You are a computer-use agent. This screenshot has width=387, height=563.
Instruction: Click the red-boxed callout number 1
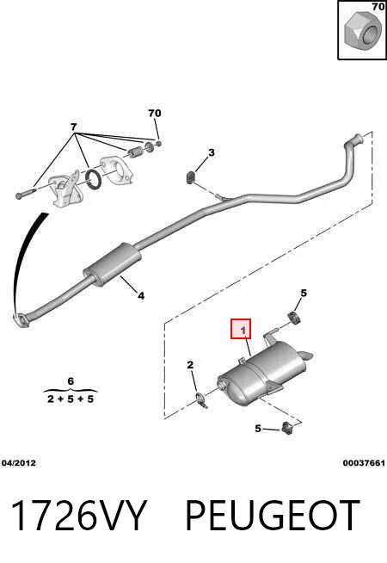(243, 330)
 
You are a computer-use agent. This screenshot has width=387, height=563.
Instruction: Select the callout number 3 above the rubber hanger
(212, 152)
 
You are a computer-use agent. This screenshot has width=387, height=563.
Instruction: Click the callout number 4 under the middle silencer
(141, 296)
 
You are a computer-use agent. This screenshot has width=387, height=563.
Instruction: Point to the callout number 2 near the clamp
(190, 365)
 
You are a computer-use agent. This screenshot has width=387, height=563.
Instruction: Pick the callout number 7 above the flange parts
(73, 127)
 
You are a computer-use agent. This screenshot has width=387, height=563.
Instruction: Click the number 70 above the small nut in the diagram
(155, 113)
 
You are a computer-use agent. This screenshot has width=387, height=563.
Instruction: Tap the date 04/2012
(19, 463)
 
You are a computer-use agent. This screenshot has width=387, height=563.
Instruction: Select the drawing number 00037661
(364, 463)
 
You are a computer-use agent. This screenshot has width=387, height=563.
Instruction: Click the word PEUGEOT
(273, 516)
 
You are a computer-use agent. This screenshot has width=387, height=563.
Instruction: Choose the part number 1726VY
(79, 516)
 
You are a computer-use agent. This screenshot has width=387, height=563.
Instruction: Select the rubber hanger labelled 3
(190, 177)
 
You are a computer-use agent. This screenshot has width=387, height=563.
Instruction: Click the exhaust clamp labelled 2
(203, 401)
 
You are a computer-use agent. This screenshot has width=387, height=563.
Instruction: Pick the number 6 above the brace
(71, 381)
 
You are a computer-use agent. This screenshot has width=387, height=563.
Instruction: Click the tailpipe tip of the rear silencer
(307, 356)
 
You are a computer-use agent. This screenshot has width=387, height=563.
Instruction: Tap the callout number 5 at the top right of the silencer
(304, 294)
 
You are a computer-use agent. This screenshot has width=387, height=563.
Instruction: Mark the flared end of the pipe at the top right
(357, 139)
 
